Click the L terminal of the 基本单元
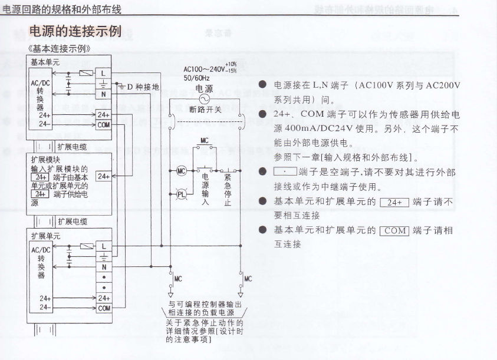click(104, 72)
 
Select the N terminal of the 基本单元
click(104, 93)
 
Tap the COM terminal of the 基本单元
click(104, 125)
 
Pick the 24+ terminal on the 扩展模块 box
click(103, 176)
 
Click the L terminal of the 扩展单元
click(104, 246)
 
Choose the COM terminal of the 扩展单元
click(104, 308)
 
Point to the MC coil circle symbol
click(182, 171)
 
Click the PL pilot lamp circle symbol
click(182, 194)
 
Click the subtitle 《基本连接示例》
click(59, 48)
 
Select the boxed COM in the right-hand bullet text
click(395, 230)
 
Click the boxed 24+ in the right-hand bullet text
click(394, 202)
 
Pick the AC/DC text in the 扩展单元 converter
click(41, 250)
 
